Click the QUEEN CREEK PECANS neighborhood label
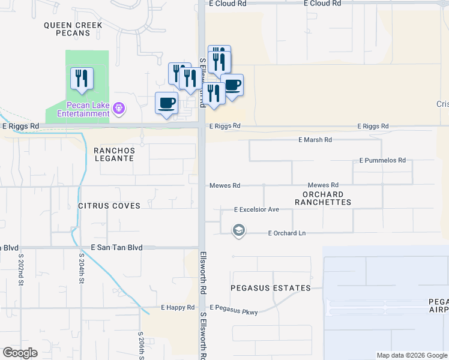(73, 29)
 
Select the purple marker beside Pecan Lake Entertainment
(119, 108)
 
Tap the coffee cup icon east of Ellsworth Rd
(232, 85)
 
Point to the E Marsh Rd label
(315, 140)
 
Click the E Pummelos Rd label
(382, 161)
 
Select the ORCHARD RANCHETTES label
(323, 199)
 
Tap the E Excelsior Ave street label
(256, 209)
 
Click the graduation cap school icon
(239, 231)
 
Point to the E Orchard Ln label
(291, 233)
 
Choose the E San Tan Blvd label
(116, 247)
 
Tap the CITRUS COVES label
(109, 206)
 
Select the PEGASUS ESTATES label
(273, 288)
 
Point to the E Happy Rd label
(178, 307)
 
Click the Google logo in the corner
(20, 353)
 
